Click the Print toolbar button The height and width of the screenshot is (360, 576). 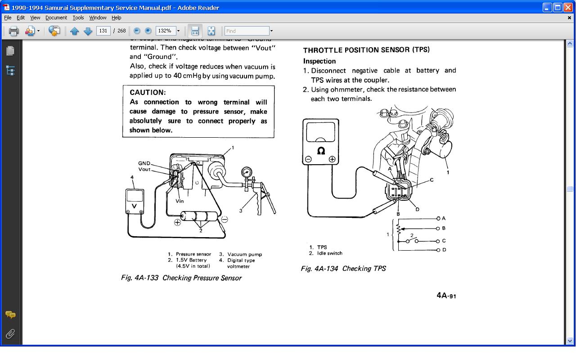coord(14,31)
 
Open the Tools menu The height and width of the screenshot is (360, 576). coord(78,18)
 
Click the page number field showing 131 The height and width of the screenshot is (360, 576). coord(103,31)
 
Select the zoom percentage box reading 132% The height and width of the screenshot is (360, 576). coord(165,31)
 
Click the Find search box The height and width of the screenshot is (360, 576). coord(247,31)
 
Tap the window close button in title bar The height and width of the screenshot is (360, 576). coord(568,8)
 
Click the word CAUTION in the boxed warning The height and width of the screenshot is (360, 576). coord(148,93)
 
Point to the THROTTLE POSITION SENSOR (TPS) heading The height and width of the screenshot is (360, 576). coord(366,50)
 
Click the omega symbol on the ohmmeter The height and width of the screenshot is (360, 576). coord(321,151)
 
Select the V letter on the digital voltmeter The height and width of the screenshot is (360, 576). coord(134,206)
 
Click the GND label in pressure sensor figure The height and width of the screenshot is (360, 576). coord(144,163)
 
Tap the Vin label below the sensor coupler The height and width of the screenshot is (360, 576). coord(180,201)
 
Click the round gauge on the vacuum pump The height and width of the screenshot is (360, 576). coord(247,172)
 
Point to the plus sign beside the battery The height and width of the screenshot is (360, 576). coord(177,222)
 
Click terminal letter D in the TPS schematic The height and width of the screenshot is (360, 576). coord(444,250)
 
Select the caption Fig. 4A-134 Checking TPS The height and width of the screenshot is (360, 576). coord(343,269)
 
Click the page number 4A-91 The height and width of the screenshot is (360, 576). coord(446,296)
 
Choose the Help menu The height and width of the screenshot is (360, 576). coord(117,18)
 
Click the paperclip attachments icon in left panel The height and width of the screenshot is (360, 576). coord(10,333)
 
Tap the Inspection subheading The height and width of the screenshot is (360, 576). coord(319,61)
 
